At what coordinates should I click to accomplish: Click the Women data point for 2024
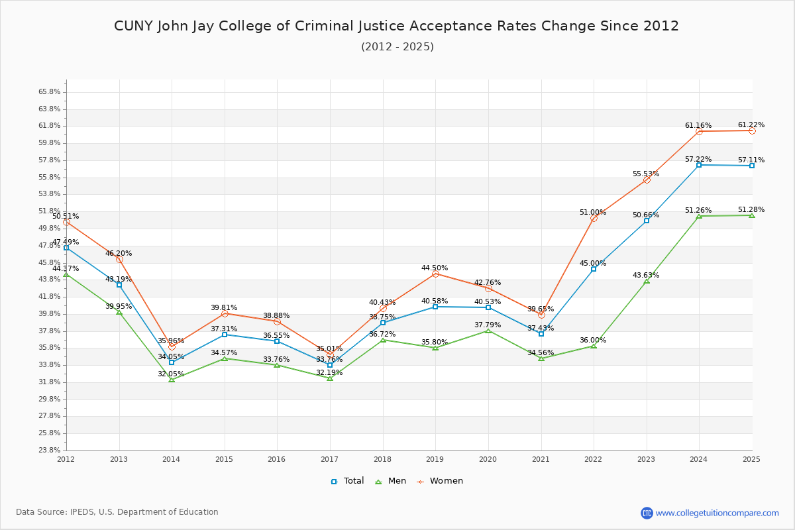[x=699, y=131]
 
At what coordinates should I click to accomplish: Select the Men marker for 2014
[x=172, y=380]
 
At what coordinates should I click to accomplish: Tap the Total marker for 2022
[x=594, y=269]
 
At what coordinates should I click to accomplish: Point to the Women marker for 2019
[x=435, y=274]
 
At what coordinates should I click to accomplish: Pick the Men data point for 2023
[x=647, y=281]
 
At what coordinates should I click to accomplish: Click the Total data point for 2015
[x=225, y=335]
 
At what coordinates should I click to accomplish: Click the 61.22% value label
[x=751, y=125]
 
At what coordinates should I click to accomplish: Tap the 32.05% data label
[x=171, y=374]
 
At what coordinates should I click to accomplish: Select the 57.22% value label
[x=698, y=159]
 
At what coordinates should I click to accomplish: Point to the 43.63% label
[x=646, y=275]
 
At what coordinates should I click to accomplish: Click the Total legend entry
[x=347, y=481]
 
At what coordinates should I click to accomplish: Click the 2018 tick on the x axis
[x=382, y=458]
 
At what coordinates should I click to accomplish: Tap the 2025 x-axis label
[x=751, y=458]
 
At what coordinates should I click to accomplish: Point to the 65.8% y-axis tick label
[x=50, y=92]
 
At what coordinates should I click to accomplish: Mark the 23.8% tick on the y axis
[x=50, y=450]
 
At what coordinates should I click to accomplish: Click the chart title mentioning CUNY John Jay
[x=396, y=26]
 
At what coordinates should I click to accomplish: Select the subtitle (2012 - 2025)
[x=397, y=46]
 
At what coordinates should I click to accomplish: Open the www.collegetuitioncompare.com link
[x=717, y=513]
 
